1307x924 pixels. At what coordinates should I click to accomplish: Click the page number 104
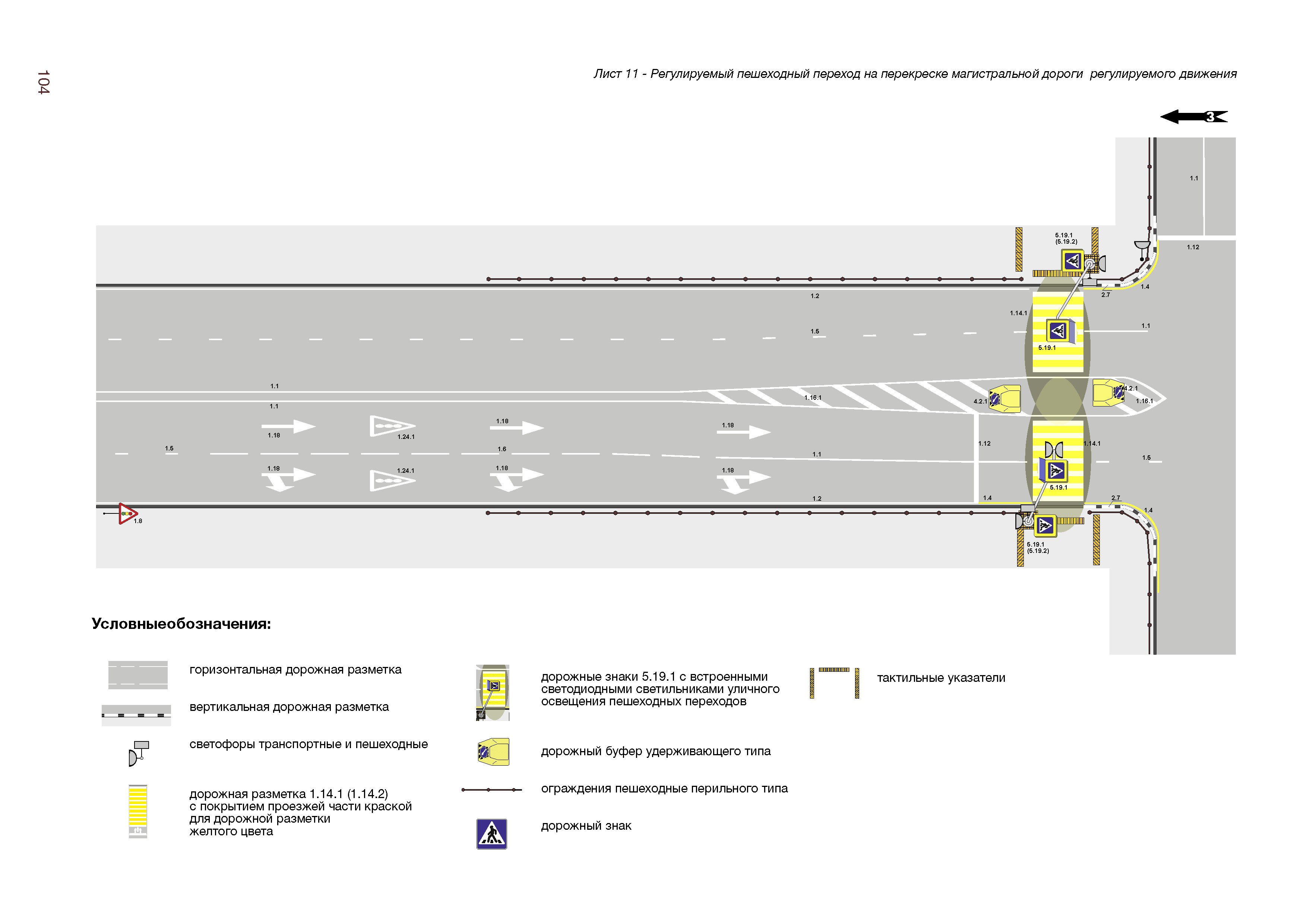point(43,83)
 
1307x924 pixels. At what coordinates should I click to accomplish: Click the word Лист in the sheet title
point(607,74)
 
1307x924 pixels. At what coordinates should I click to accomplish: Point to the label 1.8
point(138,521)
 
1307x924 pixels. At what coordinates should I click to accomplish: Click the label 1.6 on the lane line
point(501,449)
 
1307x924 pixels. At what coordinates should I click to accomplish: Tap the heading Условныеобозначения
point(181,624)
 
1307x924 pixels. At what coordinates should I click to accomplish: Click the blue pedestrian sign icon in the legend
point(491,834)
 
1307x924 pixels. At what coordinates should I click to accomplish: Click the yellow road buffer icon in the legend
point(493,752)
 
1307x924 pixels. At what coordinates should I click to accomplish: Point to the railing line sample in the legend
point(491,789)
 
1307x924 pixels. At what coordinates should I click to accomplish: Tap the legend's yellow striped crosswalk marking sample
point(138,811)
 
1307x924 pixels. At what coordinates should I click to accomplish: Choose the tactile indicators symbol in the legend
point(834,682)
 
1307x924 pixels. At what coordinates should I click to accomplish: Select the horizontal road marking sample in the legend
point(138,675)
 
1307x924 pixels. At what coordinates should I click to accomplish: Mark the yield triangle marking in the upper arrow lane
point(392,426)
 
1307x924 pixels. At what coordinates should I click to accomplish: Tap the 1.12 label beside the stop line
point(984,443)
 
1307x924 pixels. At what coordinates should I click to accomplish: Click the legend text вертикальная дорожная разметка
point(289,707)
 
